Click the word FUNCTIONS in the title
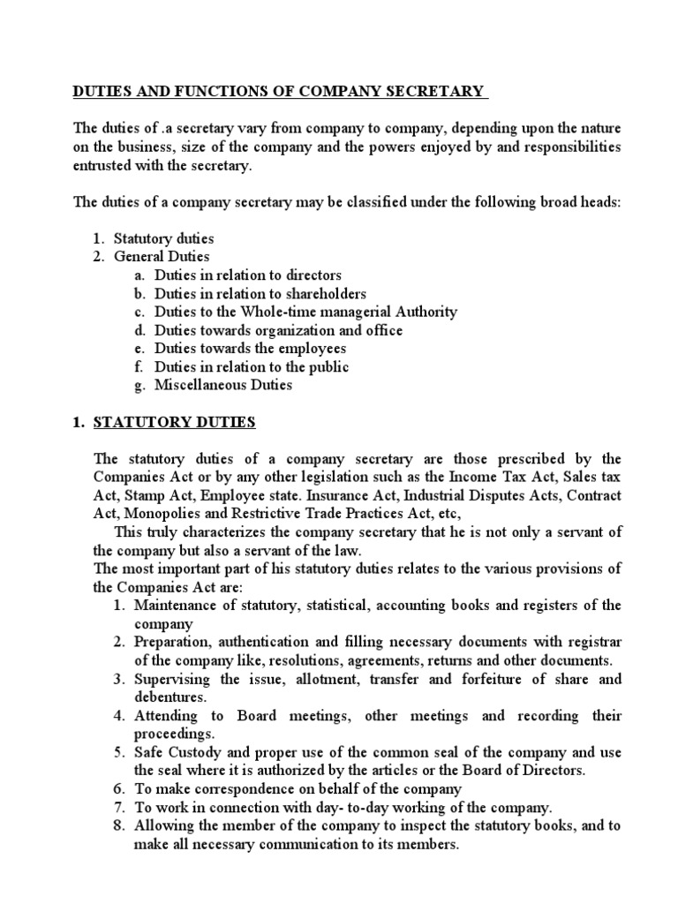click(221, 91)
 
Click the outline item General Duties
click(162, 256)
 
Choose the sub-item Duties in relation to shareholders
click(260, 293)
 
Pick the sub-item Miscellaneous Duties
click(223, 386)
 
